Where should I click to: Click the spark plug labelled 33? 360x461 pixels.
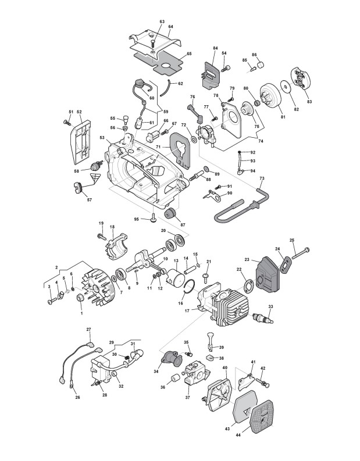click(x=263, y=319)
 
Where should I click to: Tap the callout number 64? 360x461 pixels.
click(x=171, y=27)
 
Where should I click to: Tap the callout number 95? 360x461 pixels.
click(x=136, y=219)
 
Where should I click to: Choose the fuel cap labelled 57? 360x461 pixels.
click(x=79, y=187)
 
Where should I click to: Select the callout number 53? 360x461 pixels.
click(x=102, y=138)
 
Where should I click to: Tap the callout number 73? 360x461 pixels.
click(x=262, y=178)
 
